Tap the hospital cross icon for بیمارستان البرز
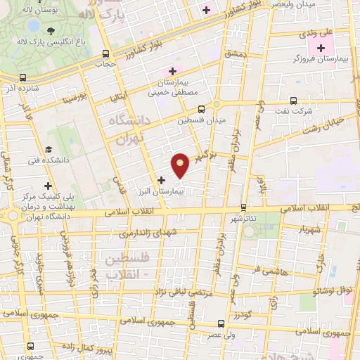(x=162, y=180)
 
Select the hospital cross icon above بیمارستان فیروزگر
(x=321, y=49)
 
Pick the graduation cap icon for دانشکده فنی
(x=49, y=149)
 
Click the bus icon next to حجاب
(x=105, y=53)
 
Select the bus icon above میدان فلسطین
(x=201, y=109)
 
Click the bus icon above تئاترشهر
(x=244, y=207)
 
